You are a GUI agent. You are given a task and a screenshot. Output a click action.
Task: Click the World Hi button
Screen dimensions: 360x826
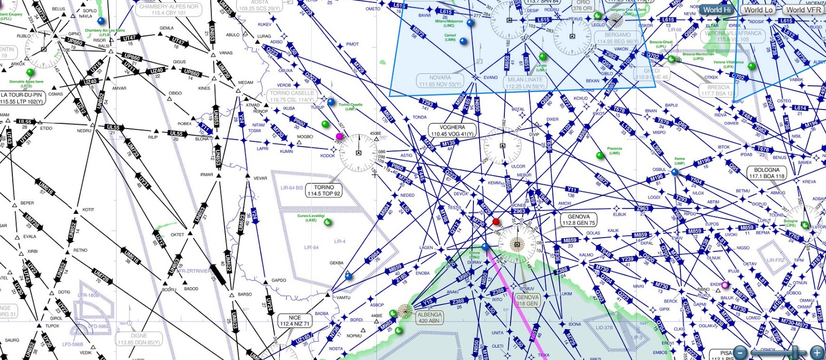(x=717, y=9)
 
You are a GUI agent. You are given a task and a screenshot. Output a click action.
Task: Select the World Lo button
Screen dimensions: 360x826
(x=758, y=9)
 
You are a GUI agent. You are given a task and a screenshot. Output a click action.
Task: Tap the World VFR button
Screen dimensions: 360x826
(x=803, y=9)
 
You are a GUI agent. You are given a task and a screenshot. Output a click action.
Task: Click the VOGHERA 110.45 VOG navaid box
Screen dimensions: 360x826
(x=452, y=131)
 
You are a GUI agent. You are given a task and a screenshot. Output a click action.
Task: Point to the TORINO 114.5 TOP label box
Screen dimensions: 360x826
(x=324, y=191)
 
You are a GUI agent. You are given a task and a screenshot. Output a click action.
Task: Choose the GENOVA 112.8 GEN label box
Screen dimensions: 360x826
(x=579, y=220)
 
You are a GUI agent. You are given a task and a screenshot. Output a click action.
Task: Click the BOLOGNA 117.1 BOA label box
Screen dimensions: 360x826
(x=767, y=173)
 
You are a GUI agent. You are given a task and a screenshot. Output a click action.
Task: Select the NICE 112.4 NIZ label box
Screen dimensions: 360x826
(x=295, y=321)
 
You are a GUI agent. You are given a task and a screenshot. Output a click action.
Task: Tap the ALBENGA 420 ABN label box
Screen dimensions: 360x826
(x=430, y=317)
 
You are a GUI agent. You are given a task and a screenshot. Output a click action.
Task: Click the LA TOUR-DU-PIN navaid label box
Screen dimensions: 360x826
(x=22, y=98)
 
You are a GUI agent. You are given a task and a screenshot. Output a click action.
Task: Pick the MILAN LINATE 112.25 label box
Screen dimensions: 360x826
(x=525, y=83)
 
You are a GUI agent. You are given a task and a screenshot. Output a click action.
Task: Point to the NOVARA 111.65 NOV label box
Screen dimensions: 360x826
(x=440, y=81)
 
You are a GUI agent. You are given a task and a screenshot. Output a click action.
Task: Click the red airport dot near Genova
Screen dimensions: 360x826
(x=496, y=222)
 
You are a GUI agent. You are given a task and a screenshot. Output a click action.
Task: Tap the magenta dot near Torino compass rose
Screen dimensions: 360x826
(x=339, y=136)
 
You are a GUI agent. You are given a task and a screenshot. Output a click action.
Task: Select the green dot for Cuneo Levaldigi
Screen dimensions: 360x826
(x=327, y=223)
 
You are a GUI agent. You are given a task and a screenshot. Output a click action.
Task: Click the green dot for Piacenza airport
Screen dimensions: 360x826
(x=600, y=155)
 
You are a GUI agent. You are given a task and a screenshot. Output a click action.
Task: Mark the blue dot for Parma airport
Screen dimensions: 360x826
(x=675, y=172)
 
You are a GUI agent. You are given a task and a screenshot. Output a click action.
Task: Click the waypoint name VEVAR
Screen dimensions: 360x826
(x=260, y=178)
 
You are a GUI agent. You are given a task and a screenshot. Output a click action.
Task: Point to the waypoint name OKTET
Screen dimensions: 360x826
(x=177, y=234)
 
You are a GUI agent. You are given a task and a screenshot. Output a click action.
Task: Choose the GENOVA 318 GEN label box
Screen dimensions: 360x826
(x=528, y=300)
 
